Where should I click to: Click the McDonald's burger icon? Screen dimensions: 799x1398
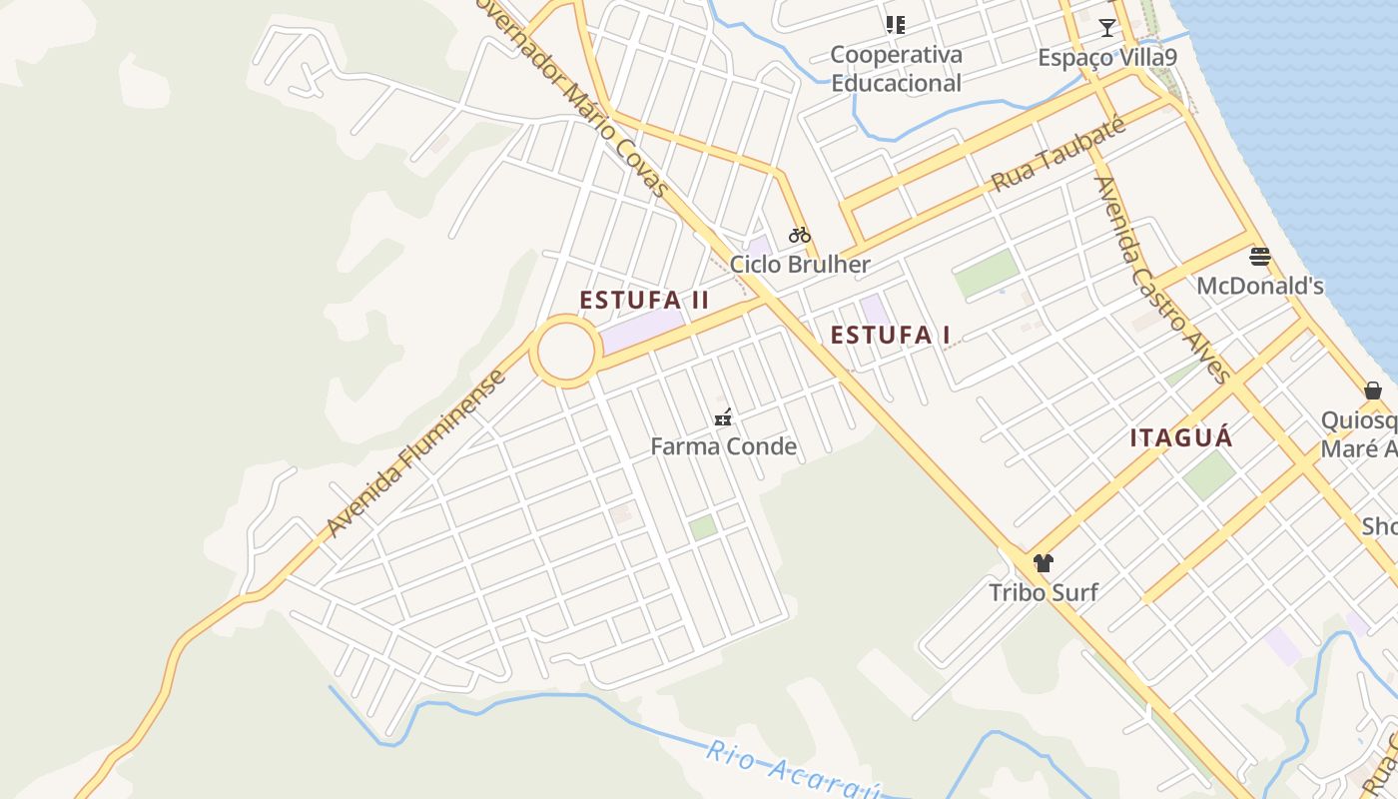(1260, 257)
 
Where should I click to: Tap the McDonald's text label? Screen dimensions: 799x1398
(1260, 286)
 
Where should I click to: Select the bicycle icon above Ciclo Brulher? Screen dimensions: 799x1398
(800, 236)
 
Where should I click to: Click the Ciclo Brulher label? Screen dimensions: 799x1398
(800, 265)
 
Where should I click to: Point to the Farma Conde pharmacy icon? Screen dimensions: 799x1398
(723, 417)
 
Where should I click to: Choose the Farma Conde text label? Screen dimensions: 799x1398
(723, 446)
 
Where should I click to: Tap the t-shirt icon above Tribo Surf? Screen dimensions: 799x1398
(1044, 563)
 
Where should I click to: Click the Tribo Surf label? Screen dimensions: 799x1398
(1044, 592)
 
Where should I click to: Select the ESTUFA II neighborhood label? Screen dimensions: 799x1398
(644, 300)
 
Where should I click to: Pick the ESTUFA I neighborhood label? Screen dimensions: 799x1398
(890, 336)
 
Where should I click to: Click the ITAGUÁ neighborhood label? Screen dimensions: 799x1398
(1181, 437)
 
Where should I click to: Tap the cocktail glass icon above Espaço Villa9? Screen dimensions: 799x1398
(1106, 28)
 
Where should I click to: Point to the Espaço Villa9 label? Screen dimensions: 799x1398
(1107, 57)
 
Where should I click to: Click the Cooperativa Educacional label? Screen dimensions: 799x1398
(896, 69)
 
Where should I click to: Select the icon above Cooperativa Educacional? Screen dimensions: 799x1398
(895, 25)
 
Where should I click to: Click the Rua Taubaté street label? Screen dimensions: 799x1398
(1058, 156)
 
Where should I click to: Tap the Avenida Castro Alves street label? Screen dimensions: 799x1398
(1160, 280)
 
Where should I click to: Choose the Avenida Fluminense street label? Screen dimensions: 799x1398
(416, 454)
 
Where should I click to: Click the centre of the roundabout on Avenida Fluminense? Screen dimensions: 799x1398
(565, 352)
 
